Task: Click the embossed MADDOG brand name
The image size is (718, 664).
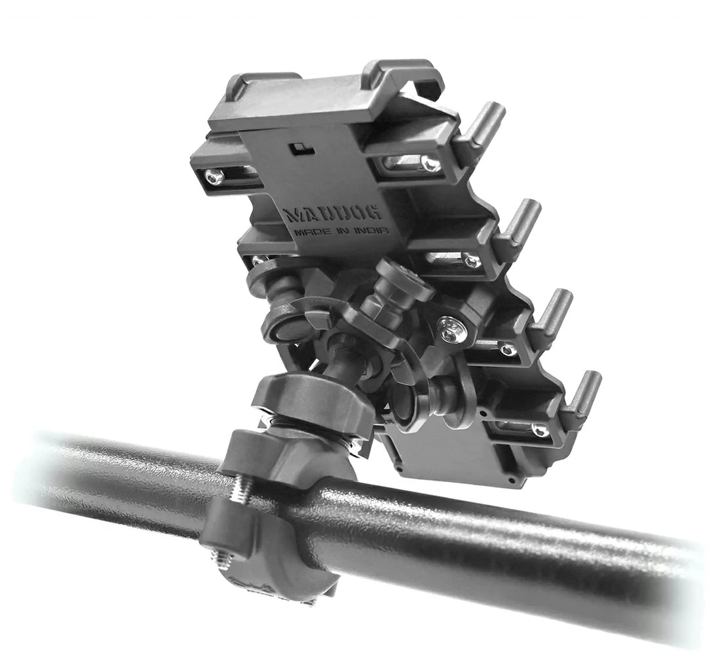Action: coord(333,213)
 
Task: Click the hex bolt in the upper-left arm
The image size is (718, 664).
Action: coord(214,176)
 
